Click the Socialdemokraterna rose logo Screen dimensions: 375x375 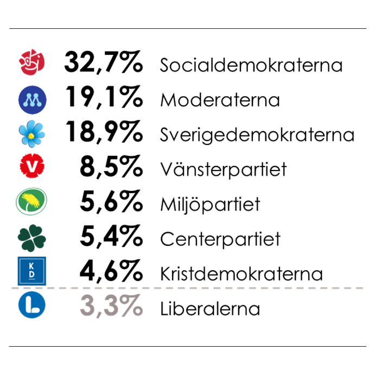coord(32,64)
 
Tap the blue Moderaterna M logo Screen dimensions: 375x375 coord(32,99)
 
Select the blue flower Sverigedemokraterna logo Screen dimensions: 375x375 coord(32,134)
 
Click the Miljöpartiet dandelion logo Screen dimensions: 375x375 coord(32,202)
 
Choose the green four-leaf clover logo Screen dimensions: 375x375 coord(32,237)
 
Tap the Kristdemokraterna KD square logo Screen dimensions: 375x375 coord(32,271)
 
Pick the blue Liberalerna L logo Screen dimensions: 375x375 coord(32,306)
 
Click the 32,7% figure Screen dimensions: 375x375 coord(103,63)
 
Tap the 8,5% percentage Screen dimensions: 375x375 coord(111,168)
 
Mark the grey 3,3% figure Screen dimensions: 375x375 coord(111,307)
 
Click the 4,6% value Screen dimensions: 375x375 coord(111,272)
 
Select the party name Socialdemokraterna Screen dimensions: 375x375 coord(251,66)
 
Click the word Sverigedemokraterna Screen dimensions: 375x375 coord(257,135)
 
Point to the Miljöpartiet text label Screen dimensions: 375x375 coord(210,205)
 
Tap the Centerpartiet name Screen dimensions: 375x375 coord(220,239)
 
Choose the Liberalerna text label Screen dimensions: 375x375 coord(210,309)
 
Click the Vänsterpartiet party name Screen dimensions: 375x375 coord(223,170)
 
